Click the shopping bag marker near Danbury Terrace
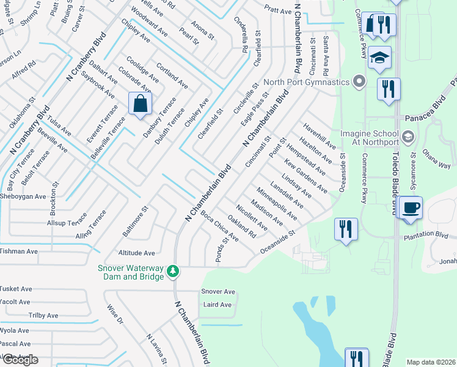tap(141, 104)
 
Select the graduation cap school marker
tap(380, 58)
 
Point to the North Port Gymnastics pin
tap(359, 82)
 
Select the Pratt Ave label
tap(278, 10)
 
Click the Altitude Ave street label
tap(136, 253)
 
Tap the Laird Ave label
tap(218, 305)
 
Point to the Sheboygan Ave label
tap(23, 197)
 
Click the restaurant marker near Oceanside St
tap(346, 230)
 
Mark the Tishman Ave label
tap(19, 251)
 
